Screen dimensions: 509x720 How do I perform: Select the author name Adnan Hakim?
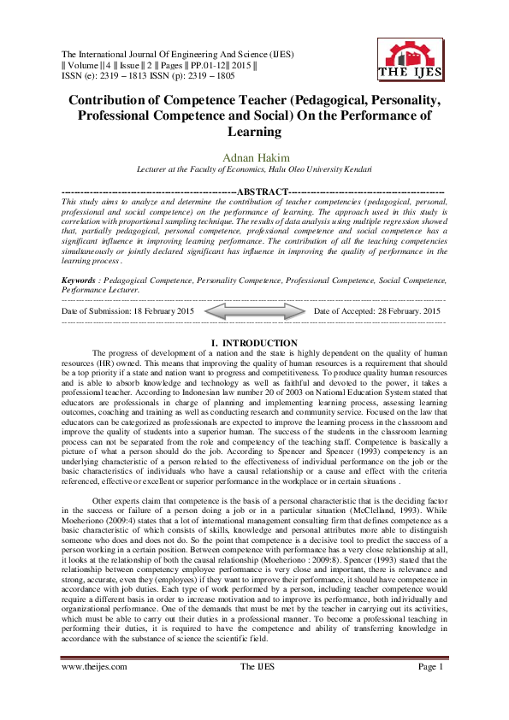click(254, 157)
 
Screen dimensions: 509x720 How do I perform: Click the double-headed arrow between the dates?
click(254, 312)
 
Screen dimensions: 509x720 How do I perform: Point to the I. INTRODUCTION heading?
click(254, 343)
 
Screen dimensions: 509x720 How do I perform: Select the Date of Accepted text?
click(376, 312)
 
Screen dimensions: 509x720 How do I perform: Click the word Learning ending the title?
click(254, 132)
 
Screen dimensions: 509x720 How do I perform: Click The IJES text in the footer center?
click(254, 690)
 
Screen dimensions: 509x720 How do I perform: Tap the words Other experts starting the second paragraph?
click(115, 477)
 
